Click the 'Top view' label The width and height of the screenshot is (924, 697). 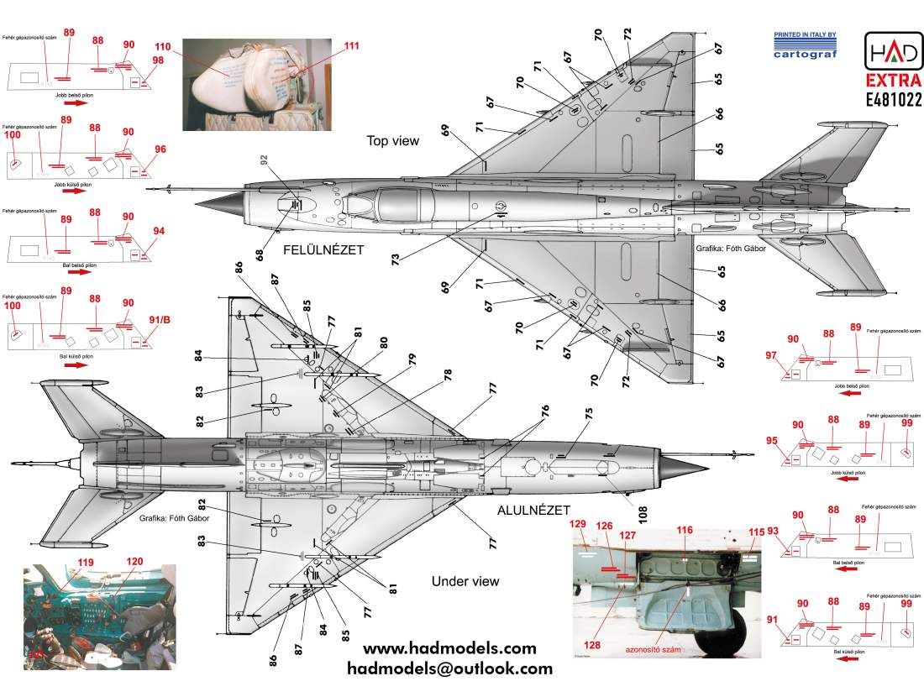click(392, 141)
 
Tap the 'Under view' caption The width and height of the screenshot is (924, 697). click(465, 581)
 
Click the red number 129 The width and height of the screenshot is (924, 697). click(578, 526)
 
